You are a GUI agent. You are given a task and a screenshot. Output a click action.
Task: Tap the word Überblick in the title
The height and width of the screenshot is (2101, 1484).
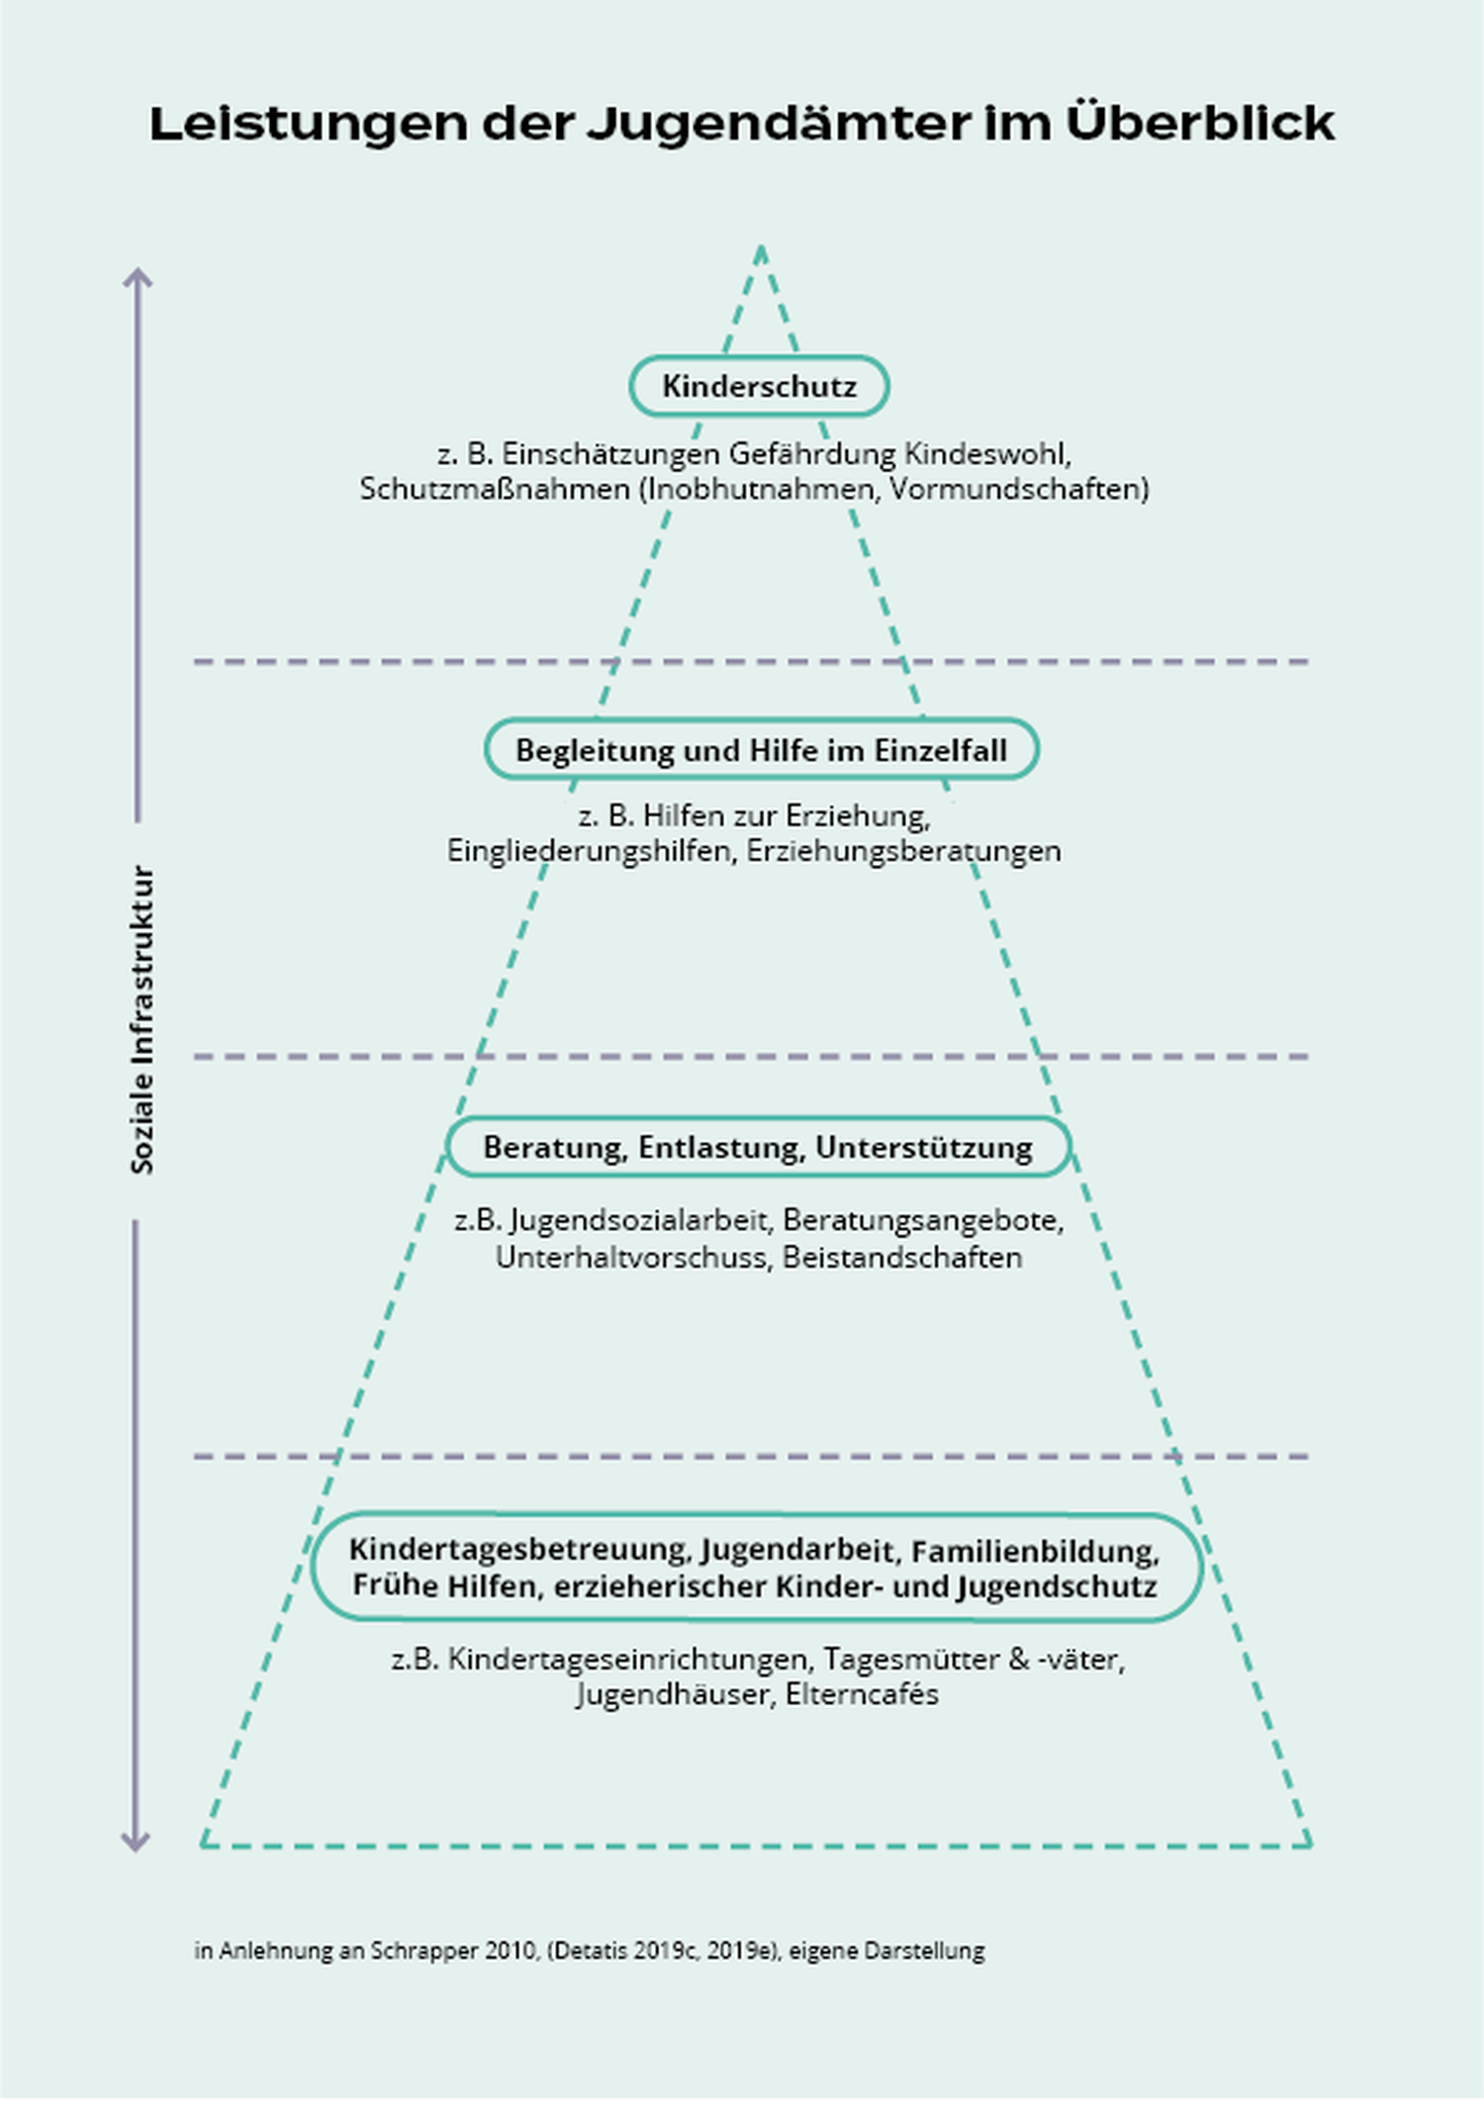coord(1200,123)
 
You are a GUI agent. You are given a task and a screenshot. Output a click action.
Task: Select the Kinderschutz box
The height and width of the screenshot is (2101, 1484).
coord(759,386)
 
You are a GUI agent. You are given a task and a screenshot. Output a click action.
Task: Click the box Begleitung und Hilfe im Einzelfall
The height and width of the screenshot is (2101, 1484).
coord(761,750)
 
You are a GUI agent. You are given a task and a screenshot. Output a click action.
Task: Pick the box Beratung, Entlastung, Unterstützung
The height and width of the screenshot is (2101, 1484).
coord(758,1148)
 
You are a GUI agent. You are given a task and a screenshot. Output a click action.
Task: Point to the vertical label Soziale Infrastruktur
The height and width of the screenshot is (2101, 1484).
coord(142,1020)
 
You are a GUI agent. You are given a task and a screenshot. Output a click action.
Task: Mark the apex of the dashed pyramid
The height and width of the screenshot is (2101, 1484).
coord(761,249)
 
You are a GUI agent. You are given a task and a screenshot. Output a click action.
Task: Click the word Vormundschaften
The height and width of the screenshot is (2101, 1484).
coord(1019,489)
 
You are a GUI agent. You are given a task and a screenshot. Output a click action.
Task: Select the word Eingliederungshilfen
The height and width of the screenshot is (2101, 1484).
coord(589,851)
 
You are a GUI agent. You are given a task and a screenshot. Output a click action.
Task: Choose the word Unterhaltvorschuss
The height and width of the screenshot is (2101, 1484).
coord(633,1258)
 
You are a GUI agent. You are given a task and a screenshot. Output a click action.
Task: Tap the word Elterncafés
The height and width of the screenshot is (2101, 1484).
coord(862,1694)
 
